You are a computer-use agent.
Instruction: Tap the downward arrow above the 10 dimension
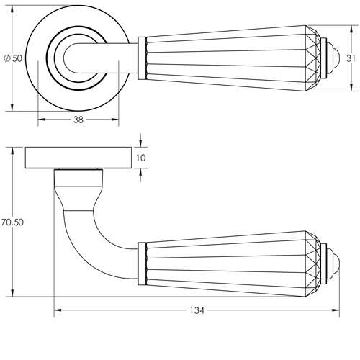click(141, 143)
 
